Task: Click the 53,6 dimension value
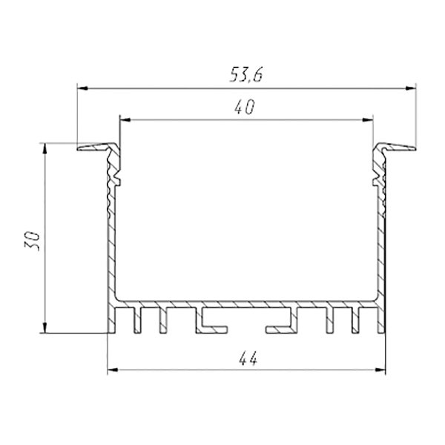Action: click(246, 75)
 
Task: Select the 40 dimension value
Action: click(245, 107)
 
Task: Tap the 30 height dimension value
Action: click(32, 241)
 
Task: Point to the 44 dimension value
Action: click(248, 358)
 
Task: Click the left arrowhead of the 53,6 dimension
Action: click(82, 88)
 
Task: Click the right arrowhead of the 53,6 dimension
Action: click(410, 88)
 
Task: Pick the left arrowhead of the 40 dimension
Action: click(125, 120)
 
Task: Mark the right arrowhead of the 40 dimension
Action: click(367, 120)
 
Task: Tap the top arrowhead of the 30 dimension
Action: click(44, 148)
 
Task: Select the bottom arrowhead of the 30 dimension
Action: click(44, 328)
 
